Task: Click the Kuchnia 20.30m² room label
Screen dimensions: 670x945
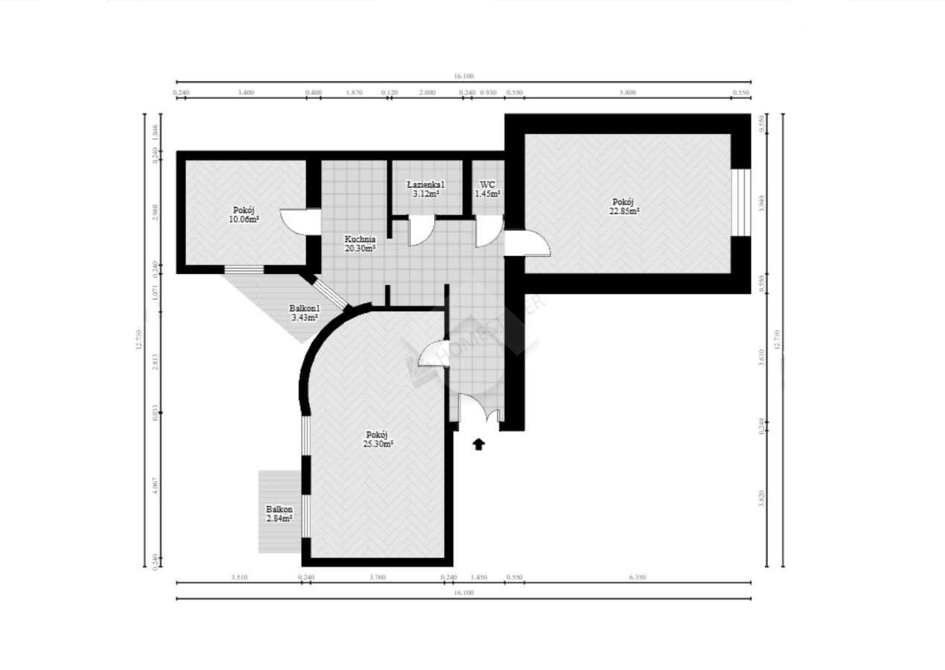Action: (x=360, y=243)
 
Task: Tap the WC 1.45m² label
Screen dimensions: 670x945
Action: (x=488, y=189)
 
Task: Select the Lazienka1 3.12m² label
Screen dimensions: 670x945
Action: (x=426, y=189)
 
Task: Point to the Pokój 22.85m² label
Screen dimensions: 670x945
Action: (x=624, y=206)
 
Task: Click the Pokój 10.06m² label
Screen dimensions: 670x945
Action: (x=244, y=214)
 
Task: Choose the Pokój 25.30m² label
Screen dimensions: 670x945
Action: (x=378, y=439)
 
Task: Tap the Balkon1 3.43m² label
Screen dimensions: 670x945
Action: (x=304, y=313)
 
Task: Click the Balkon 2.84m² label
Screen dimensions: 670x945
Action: (x=279, y=514)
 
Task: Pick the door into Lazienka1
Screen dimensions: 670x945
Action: (x=419, y=230)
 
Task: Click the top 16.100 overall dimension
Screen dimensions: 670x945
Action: (x=463, y=76)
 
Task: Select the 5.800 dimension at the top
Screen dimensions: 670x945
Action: (x=629, y=92)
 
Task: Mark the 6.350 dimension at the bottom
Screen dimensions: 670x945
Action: (x=637, y=577)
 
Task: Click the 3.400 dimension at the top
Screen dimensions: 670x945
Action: (x=246, y=92)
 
